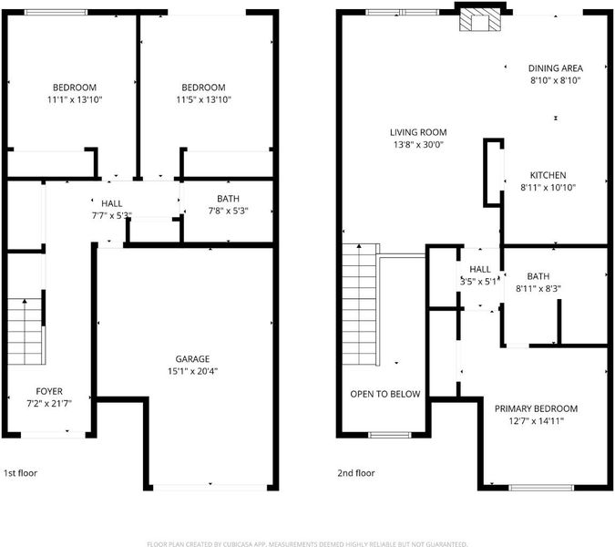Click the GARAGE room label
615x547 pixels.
pos(192,358)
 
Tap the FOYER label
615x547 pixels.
pos(49,391)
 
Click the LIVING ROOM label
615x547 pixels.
pos(418,132)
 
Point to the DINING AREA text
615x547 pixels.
pos(556,68)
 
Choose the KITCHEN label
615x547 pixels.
pos(548,175)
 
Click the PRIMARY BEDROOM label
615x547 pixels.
pos(536,408)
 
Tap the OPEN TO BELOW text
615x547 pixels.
pos(385,394)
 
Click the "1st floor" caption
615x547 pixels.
pos(20,473)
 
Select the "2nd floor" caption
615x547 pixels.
pos(356,473)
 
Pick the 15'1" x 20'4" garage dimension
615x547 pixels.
pos(192,371)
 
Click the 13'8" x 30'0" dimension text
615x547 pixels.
pos(418,144)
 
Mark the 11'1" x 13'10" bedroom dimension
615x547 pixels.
pos(75,99)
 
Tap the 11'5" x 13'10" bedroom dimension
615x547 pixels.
pos(203,99)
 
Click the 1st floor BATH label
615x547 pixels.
pos(228,199)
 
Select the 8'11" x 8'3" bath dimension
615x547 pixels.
pos(538,289)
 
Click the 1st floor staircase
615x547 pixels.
pos(25,332)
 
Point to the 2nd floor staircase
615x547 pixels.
pos(359,304)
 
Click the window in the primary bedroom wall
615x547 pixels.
pos(541,488)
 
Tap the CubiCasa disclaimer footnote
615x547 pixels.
pos(307,544)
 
